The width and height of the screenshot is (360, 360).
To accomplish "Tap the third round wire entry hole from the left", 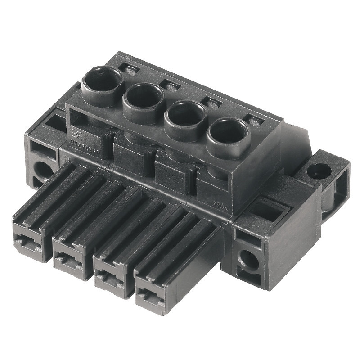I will pos(185,115).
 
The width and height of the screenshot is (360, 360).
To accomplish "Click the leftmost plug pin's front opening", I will pos(28,239).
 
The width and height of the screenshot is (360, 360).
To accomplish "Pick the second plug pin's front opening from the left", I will pos(68,258).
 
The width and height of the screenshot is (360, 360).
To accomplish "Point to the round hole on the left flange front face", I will pos(42,168).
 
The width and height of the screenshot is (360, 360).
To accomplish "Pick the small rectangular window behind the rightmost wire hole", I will pos(255,121).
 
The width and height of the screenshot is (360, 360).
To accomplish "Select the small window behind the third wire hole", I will pos(212,103).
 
